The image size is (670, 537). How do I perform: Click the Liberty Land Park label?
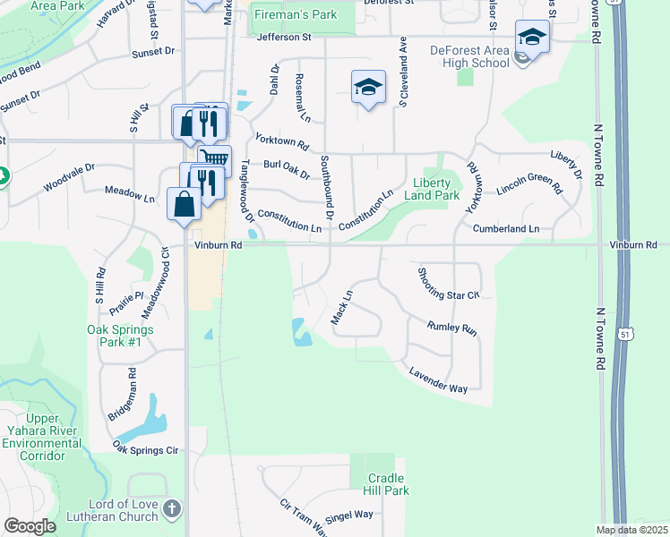(x=432, y=189)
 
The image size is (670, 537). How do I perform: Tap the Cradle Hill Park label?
(x=387, y=484)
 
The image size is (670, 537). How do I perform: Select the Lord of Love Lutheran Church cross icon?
(x=173, y=508)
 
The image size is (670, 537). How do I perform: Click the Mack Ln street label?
(x=341, y=305)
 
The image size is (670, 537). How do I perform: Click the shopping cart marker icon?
(x=214, y=159)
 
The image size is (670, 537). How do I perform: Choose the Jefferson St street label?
(x=283, y=38)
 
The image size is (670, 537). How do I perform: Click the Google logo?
(x=30, y=526)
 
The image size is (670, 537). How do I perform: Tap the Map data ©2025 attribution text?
(x=631, y=530)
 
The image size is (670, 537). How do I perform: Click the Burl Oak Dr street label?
(x=286, y=168)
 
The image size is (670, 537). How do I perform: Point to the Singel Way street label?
(x=348, y=515)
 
